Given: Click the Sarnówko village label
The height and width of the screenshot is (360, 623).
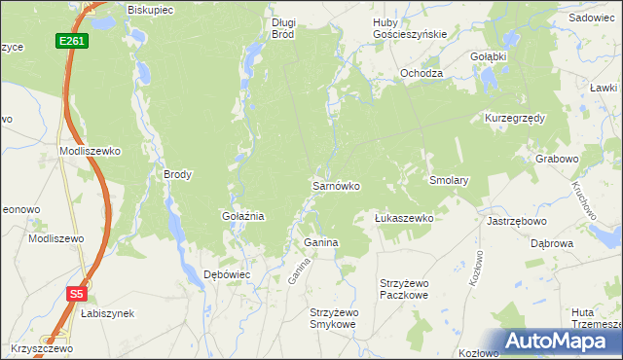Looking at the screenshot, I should click(x=336, y=185).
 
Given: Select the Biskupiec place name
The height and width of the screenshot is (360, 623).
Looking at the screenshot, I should click(x=150, y=10).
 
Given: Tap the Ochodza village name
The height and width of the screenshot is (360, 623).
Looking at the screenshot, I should click(x=421, y=74).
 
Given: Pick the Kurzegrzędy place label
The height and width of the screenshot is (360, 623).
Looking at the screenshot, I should click(x=515, y=118).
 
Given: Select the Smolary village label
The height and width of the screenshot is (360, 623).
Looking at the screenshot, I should click(x=450, y=181).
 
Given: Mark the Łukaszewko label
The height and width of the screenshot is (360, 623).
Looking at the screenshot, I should click(x=404, y=219).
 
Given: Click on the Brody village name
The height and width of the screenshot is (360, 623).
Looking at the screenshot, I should click(x=177, y=175).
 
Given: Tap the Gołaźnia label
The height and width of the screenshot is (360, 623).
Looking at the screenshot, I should click(x=243, y=216).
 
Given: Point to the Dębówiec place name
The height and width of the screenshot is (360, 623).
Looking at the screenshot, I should click(x=227, y=274).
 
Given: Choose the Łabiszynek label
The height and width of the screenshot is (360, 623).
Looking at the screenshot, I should click(x=108, y=313).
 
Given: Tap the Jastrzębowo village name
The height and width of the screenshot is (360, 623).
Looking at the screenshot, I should click(x=515, y=221).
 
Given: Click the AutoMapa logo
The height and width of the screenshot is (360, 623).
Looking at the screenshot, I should click(x=556, y=341).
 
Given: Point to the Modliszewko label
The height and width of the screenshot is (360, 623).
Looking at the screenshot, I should click(x=90, y=152).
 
